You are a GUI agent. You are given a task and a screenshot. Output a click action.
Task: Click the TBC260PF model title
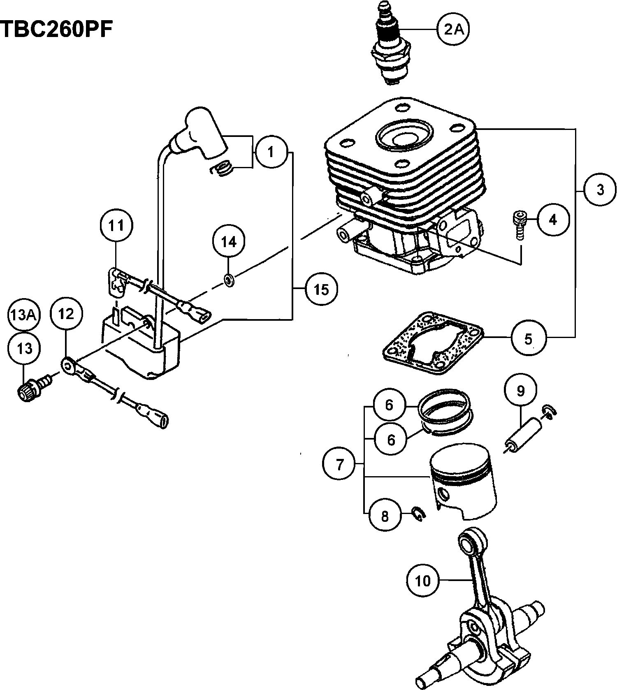[x=56, y=29]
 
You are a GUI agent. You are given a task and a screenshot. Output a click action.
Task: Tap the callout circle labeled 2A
[x=453, y=29]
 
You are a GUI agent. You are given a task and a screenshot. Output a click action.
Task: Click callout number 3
[x=600, y=190]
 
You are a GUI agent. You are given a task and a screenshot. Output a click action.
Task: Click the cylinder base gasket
[x=432, y=344]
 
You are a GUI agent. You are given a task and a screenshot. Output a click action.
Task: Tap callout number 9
[x=521, y=391]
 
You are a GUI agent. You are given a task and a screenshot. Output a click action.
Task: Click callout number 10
[x=423, y=580]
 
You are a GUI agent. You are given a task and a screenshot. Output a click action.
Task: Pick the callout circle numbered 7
[x=339, y=464]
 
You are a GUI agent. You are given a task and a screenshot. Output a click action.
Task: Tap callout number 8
[x=385, y=515]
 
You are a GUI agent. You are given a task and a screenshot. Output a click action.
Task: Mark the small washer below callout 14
[x=229, y=280]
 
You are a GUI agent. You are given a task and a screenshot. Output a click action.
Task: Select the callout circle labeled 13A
[x=23, y=315]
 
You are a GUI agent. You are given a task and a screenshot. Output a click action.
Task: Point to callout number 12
[x=66, y=314]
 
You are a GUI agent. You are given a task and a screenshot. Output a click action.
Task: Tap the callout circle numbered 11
[x=116, y=225]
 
